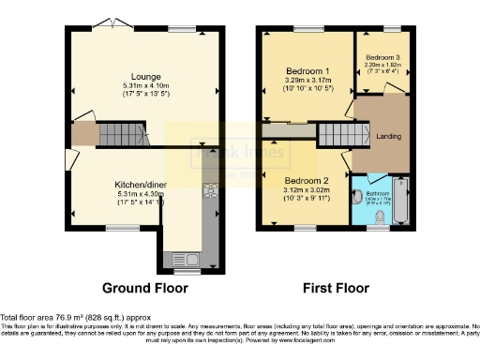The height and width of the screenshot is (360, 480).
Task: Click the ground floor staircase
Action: click(x=84, y=133)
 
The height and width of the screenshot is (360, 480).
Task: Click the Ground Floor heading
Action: click(x=144, y=288)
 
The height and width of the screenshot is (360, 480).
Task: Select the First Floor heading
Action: click(x=337, y=288)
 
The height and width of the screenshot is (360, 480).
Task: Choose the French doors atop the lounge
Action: click(x=112, y=24)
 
